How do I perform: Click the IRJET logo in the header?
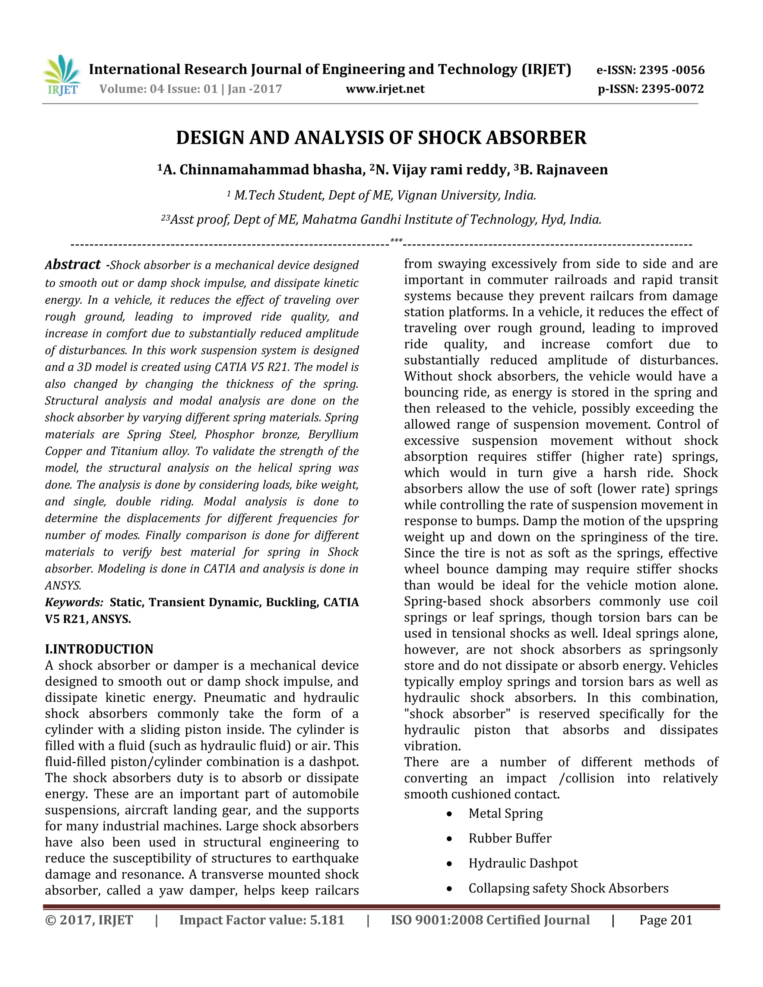(x=62, y=76)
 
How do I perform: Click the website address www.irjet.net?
(x=385, y=89)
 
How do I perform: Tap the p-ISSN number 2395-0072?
(x=672, y=89)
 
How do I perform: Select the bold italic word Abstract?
(x=73, y=264)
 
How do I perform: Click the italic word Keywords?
(x=74, y=602)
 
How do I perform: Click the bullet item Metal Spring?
(x=505, y=813)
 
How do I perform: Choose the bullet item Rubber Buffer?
(x=510, y=838)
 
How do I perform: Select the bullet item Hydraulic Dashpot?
(x=523, y=863)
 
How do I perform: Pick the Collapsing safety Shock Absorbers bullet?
(x=568, y=888)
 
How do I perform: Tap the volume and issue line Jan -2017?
(x=191, y=89)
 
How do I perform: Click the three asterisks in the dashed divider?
(x=396, y=241)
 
